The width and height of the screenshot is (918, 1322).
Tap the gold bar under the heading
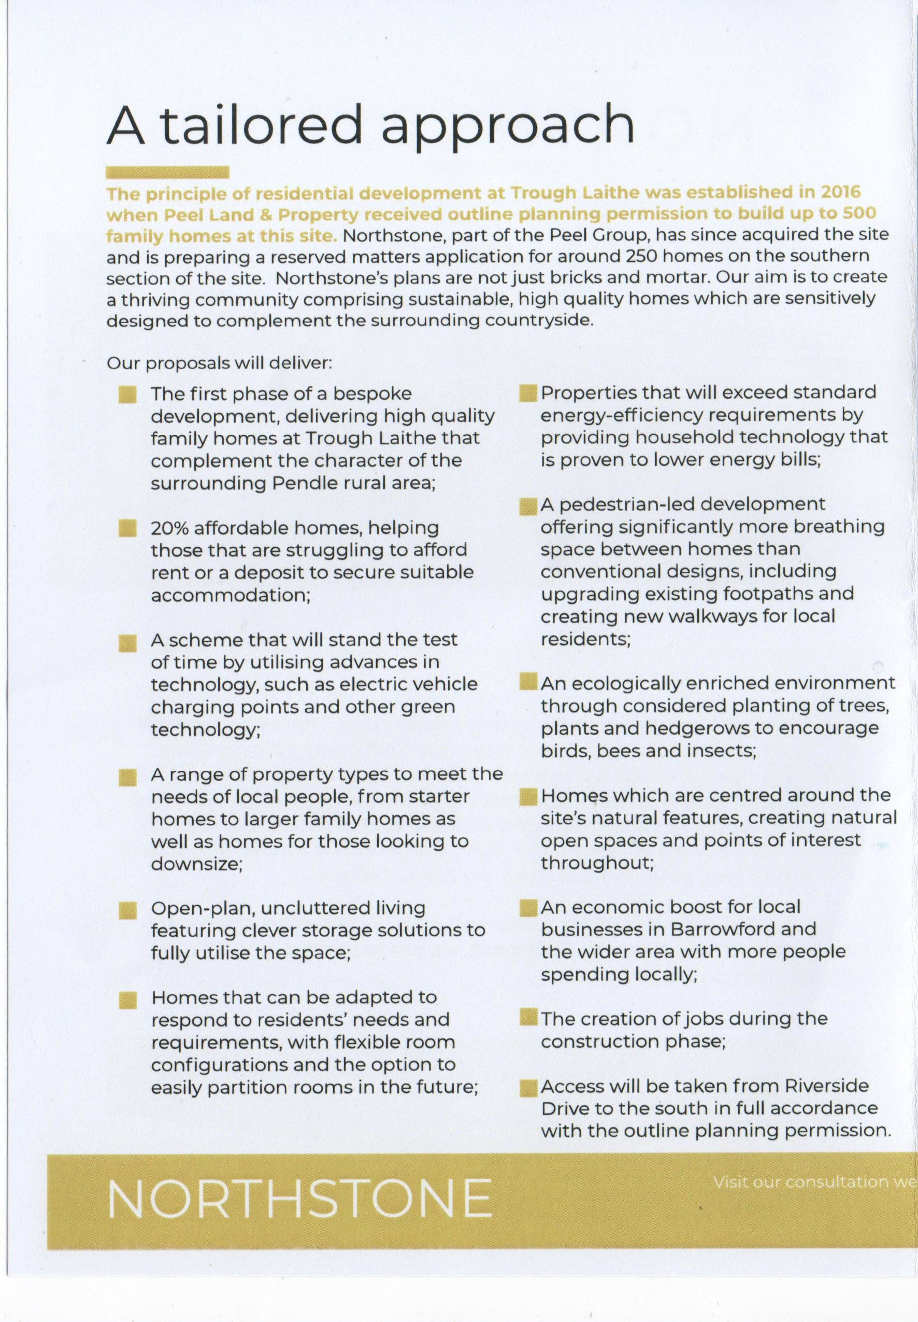coord(167,172)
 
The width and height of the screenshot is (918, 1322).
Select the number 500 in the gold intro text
coord(859,214)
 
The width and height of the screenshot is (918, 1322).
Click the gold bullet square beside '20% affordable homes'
coord(127,528)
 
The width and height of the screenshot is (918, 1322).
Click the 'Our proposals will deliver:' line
coord(219,364)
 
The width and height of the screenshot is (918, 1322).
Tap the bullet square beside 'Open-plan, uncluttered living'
coord(127,910)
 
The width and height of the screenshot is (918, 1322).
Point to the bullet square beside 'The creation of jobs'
coord(526,1018)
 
